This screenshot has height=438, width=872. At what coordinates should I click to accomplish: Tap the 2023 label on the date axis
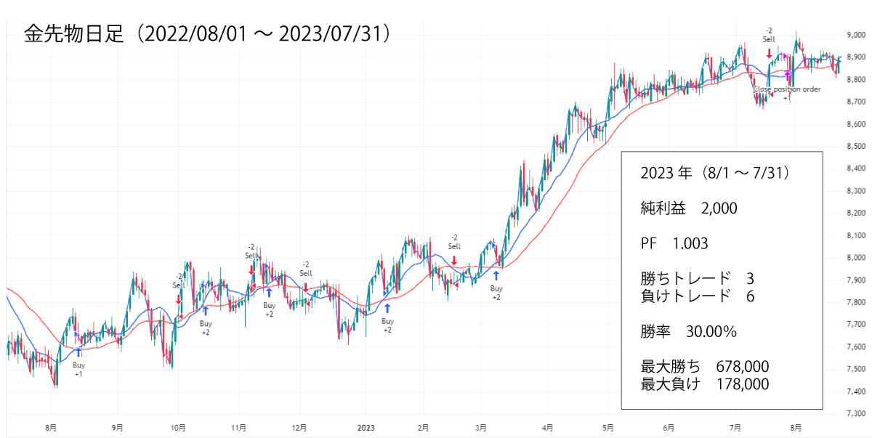click(366, 428)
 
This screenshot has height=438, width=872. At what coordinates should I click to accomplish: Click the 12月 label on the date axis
click(299, 428)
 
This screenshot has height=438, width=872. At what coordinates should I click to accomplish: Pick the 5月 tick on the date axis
click(608, 428)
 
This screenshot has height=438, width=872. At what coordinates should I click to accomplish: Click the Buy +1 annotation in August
click(78, 369)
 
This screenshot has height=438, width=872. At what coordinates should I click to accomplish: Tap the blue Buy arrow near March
click(496, 275)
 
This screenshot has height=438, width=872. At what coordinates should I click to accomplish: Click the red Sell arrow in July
click(769, 53)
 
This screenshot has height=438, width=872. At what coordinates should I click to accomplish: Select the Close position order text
click(787, 89)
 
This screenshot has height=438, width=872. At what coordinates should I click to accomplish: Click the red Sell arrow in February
click(454, 260)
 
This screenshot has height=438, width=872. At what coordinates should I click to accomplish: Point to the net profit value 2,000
click(719, 208)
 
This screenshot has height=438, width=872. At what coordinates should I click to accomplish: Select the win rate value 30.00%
click(711, 332)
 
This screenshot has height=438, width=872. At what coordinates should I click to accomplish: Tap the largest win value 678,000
click(742, 367)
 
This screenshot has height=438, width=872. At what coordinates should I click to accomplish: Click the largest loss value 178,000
click(742, 384)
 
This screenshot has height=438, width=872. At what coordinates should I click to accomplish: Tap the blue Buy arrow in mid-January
click(387, 308)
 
